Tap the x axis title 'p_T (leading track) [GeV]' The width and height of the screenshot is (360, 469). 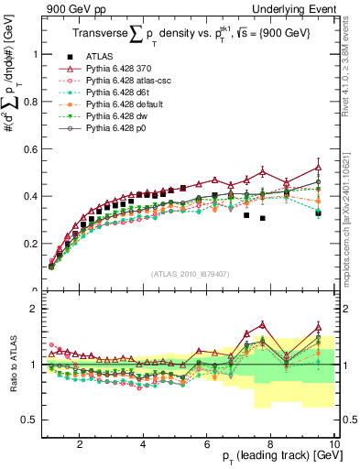[274, 456]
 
